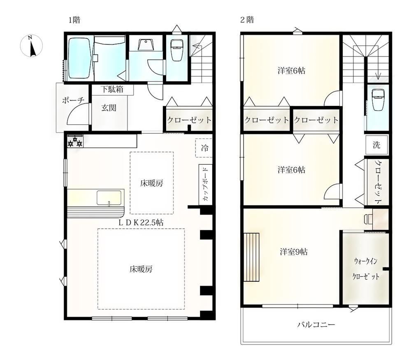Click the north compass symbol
point(31,46)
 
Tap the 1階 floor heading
point(74,20)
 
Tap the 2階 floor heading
point(247,20)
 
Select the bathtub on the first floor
point(80,59)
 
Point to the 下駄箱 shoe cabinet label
point(112,89)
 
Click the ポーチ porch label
point(73,100)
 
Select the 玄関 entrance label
point(109,108)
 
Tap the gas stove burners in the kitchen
point(75,141)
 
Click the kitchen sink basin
point(109,198)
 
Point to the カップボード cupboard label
point(205,185)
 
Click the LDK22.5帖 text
point(141,223)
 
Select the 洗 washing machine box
point(377,145)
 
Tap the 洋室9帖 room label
point(294,252)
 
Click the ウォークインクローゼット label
point(366,269)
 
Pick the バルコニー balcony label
point(316,325)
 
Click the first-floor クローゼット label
point(189,120)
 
